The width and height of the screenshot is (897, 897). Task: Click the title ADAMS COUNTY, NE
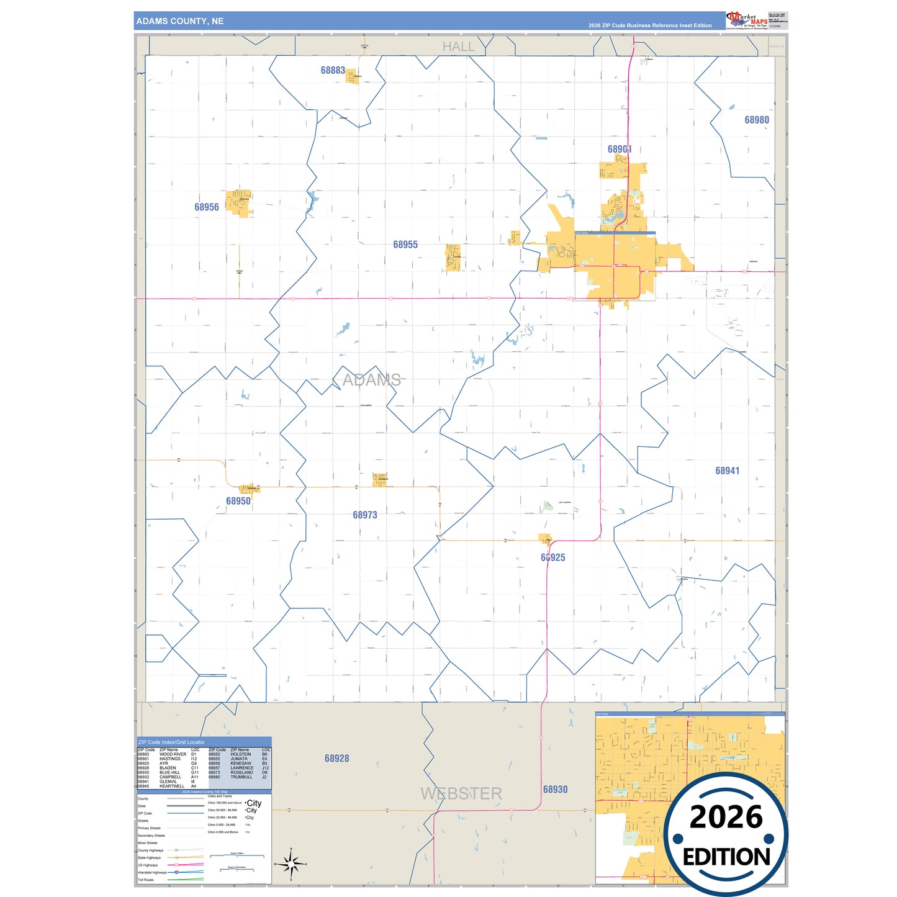point(180,21)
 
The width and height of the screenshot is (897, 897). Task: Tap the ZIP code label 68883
point(333,71)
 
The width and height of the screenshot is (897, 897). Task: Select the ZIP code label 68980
point(757,120)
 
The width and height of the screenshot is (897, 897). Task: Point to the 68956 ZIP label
point(207,207)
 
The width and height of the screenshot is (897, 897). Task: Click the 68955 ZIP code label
point(405,245)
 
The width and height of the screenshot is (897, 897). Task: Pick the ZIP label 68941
point(728,471)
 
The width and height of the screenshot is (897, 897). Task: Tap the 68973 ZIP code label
point(365,515)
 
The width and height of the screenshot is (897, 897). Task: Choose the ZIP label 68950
point(238,501)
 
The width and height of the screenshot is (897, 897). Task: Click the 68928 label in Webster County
point(337,759)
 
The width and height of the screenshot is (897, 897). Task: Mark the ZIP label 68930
point(556,790)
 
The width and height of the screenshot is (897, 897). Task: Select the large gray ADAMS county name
point(372,380)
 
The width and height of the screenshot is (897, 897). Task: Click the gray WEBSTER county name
point(461,793)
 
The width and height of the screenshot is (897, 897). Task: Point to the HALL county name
point(459,47)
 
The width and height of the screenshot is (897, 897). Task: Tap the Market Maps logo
point(747,20)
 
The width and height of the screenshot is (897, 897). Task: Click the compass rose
point(291,863)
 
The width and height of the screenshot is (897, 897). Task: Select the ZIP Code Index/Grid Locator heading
point(171,742)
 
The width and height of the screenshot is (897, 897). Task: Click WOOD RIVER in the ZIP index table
point(173,754)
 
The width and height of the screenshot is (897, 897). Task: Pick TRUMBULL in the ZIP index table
point(241,777)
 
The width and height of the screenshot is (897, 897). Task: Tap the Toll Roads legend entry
point(146,880)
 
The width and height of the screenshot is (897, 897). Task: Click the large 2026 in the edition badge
point(726,817)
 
